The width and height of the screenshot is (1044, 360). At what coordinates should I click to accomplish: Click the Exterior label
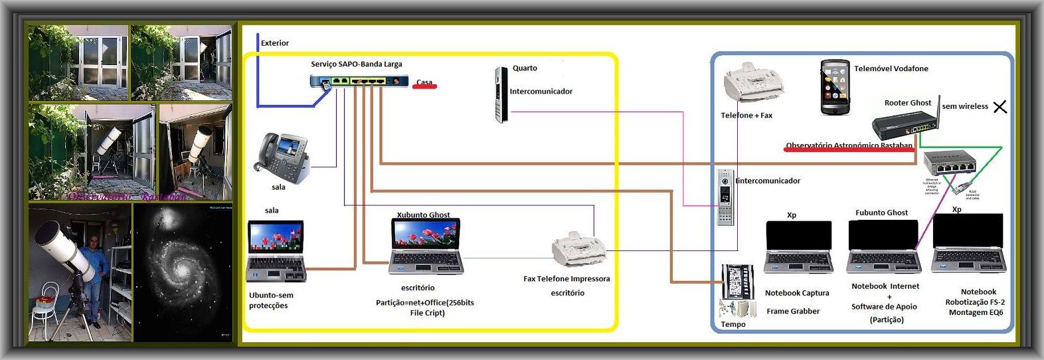[x=274, y=43]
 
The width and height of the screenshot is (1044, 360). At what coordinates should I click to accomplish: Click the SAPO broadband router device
[x=359, y=81]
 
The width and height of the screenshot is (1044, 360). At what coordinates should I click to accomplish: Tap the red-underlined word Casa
[x=424, y=83]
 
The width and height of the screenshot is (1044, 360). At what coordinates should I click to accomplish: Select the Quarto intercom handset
[x=501, y=94]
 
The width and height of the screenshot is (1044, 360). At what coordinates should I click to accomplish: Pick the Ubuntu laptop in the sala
[x=276, y=251]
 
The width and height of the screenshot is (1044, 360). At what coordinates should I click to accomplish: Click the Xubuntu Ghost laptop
[x=425, y=246]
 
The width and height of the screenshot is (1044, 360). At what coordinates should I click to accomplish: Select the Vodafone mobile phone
[x=835, y=87]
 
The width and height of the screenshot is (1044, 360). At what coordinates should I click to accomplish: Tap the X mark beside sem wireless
[x=1000, y=106]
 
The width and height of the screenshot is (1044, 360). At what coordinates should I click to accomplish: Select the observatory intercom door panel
[x=725, y=197]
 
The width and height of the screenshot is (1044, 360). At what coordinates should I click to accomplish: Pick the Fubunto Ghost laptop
[x=883, y=246]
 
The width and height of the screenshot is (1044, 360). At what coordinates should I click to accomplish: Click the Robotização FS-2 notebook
[x=968, y=244]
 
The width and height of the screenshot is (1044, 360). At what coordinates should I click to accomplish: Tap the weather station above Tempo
[x=737, y=282]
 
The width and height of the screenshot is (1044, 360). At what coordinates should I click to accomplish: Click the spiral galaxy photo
[x=182, y=272]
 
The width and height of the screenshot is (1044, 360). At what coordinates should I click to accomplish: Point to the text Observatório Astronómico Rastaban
[x=849, y=145]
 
